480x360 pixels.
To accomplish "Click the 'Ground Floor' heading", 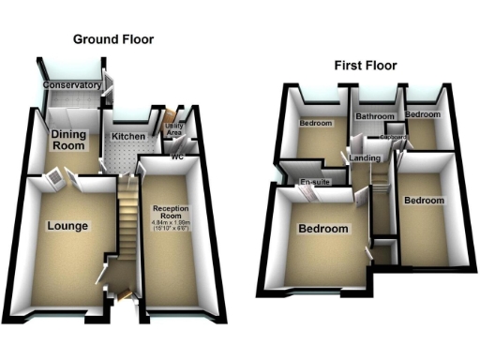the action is (x=113, y=39).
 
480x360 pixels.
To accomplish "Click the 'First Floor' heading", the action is (x=366, y=66).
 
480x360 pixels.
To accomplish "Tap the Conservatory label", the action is (x=72, y=86).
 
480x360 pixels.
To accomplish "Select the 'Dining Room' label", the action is (x=68, y=141).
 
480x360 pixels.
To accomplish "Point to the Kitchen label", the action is (x=128, y=137).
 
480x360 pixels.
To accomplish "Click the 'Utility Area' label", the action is (x=175, y=129).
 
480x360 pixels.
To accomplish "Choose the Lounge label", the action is (x=67, y=226).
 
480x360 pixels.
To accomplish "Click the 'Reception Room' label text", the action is (x=172, y=212).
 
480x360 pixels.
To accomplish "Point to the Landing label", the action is (x=365, y=158).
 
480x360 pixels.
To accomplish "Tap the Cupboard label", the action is (x=394, y=137).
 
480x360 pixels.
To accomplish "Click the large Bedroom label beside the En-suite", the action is (x=323, y=229).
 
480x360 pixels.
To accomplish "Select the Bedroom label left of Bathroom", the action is (x=316, y=123).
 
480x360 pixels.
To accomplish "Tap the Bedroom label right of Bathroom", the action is (x=423, y=114).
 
